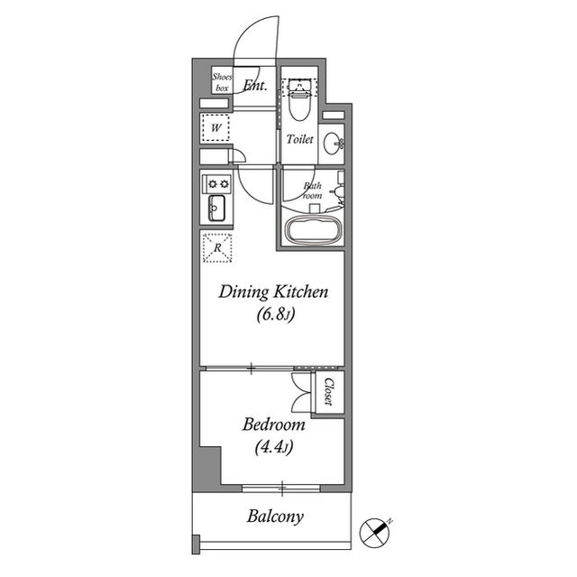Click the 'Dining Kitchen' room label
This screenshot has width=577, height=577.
274,292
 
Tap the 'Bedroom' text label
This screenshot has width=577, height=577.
273,423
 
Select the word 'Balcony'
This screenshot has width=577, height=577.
275,517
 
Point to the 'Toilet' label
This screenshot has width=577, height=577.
299,140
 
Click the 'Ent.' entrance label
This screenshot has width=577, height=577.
253,87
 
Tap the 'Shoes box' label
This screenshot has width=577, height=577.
223,83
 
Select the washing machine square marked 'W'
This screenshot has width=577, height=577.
217,128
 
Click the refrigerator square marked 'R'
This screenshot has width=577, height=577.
216,247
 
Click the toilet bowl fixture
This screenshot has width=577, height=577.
300,104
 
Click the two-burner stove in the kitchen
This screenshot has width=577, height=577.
217,183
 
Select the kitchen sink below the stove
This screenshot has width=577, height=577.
216,210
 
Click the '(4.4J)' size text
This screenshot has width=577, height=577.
273,446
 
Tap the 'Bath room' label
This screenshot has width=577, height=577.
312,190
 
